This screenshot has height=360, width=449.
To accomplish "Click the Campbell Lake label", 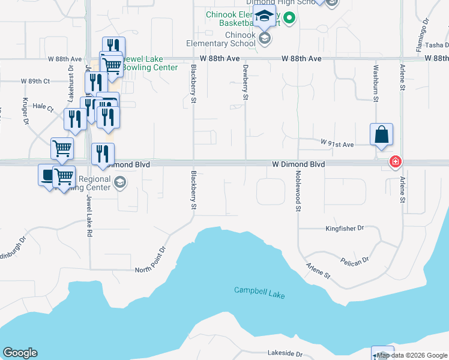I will coord(259,293).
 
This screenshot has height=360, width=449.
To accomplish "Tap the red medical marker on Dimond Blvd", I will coord(396,161).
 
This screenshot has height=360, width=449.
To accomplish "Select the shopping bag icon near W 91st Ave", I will coord(382,135).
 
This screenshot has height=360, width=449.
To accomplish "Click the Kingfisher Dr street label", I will coord(345,229).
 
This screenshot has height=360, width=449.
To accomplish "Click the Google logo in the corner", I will coord(20,353).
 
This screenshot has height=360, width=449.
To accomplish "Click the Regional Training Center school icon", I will coord(120,182).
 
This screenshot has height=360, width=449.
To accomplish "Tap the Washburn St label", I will coord(376,83).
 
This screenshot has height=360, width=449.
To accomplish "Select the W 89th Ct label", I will coord(35,81).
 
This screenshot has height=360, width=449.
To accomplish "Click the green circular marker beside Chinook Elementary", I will coord(289,18).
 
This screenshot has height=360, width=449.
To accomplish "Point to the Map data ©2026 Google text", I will coord(412,355).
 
